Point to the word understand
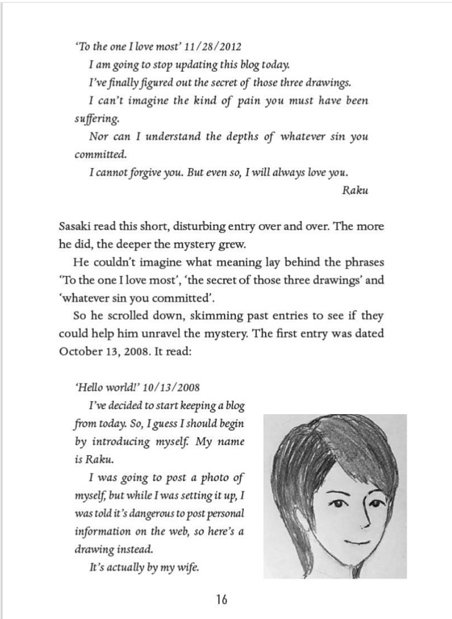(x=160, y=136)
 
